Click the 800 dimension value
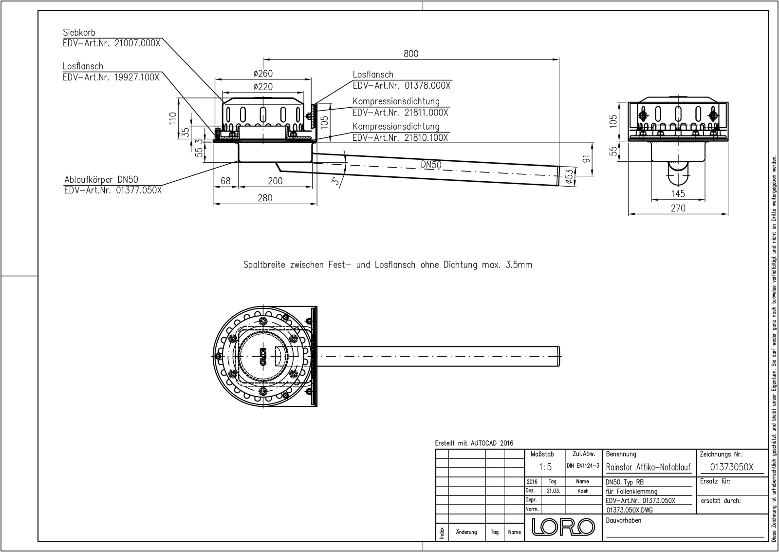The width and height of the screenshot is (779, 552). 410,54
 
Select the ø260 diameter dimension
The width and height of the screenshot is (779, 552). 263,74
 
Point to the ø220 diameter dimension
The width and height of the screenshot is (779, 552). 263,87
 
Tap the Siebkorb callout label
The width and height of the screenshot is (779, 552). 79,33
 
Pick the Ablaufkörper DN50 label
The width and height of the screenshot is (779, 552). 101,180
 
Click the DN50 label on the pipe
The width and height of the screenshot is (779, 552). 431,165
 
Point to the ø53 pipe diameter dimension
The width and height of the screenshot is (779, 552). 568,176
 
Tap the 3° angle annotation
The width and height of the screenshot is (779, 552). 334,181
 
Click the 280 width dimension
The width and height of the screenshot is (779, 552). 264,198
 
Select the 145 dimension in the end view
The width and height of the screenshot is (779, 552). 677,194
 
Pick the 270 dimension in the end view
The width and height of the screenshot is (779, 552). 677,208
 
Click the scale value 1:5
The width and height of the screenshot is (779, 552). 545,467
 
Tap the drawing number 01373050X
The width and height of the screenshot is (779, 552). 731,467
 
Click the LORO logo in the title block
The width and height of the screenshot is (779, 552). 564,527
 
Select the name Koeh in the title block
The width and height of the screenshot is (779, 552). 583,491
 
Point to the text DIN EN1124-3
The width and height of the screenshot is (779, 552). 583,466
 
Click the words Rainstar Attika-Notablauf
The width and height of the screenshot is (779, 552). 648,467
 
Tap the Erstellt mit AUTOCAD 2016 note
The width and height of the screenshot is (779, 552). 474,443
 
